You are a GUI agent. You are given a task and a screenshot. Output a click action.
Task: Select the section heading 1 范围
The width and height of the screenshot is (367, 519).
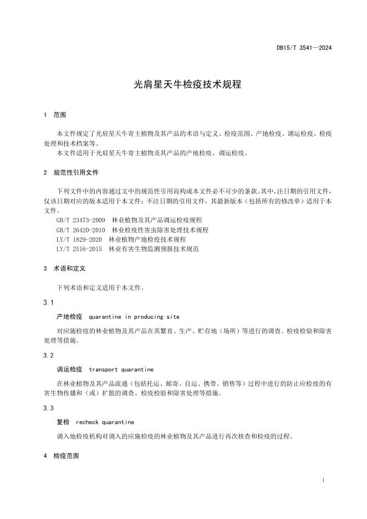[54, 115]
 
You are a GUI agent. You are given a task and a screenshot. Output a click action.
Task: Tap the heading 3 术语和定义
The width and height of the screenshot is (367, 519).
[64, 268]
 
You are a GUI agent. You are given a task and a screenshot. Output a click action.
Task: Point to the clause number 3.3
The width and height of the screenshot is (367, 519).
[48, 408]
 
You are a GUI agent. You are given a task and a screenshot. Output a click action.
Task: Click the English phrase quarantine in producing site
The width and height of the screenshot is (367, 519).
[134, 317]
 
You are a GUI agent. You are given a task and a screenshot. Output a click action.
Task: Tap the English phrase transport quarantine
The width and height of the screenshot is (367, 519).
[121, 369]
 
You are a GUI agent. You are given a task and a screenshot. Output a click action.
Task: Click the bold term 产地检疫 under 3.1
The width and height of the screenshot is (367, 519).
[69, 317]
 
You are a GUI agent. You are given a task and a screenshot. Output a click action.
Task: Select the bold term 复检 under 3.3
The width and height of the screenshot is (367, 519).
[63, 422]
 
